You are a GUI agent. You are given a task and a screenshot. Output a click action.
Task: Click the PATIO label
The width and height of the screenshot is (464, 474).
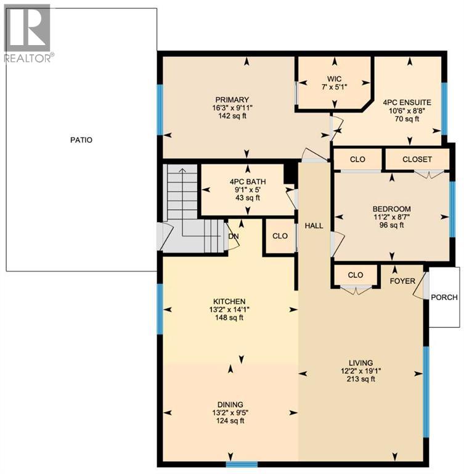tap(81, 140)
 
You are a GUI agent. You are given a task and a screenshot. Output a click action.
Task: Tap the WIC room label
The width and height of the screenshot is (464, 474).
tap(335, 79)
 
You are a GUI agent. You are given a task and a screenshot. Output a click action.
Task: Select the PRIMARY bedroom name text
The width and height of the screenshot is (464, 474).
tap(232, 100)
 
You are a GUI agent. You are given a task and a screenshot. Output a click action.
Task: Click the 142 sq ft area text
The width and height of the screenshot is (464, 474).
tap(232, 116)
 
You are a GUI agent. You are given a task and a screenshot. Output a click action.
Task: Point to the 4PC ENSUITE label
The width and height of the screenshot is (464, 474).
tap(406, 102)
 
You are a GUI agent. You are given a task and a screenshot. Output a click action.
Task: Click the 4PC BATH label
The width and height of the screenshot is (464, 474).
tap(248, 181)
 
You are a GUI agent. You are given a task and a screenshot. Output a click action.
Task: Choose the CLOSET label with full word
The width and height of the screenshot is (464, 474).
tap(417, 159)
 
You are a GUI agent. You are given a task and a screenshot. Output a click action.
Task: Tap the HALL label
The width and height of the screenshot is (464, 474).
tap(314, 227)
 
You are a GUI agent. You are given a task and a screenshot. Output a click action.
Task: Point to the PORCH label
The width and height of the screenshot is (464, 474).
tap(444, 297)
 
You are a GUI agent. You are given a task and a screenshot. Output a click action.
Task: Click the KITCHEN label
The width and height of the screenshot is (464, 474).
tap(230, 301)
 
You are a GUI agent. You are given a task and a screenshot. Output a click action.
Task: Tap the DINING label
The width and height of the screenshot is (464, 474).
tap(229, 405)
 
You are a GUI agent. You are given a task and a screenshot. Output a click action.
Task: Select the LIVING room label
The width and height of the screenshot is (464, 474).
tap(360, 363)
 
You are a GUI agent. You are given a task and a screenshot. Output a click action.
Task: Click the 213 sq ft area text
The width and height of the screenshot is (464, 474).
tap(360, 380)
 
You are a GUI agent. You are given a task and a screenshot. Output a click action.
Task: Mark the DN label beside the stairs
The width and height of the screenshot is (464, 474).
tap(234, 236)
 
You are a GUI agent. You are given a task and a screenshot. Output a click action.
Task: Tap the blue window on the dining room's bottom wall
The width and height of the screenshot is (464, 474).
tap(241, 464)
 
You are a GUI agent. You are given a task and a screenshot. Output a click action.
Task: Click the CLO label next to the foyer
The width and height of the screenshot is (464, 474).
tap(356, 275)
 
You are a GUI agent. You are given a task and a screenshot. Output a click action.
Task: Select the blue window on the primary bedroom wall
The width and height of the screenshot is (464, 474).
tap(160, 110)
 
